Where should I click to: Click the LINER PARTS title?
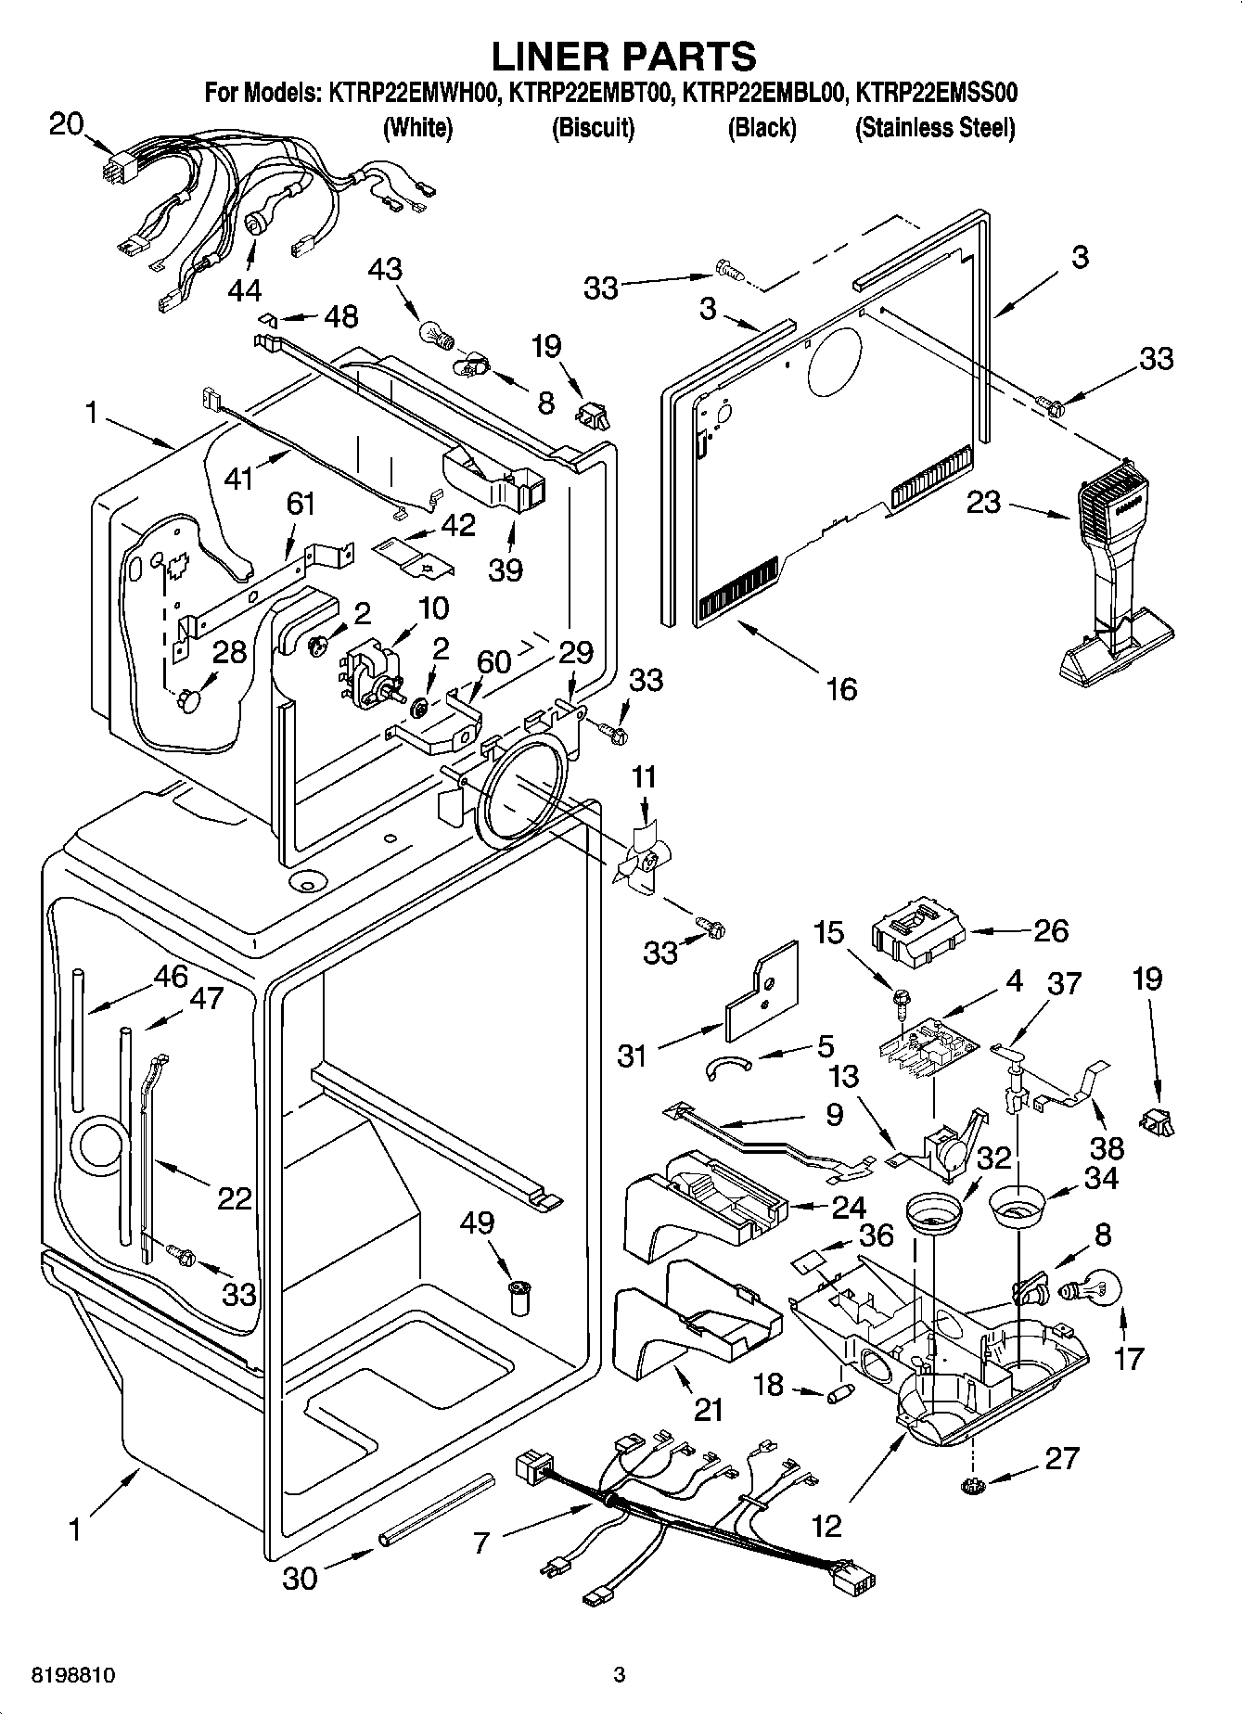622,56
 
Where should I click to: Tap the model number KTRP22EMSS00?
937,93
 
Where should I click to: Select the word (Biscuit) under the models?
593,127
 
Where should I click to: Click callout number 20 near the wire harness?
66,123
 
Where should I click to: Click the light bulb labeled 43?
432,333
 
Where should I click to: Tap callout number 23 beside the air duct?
984,503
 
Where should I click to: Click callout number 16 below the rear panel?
841,689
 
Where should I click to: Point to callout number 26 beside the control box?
1050,930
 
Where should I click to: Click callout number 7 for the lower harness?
480,1543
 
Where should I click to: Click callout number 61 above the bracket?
301,505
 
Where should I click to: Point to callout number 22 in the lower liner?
234,1198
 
